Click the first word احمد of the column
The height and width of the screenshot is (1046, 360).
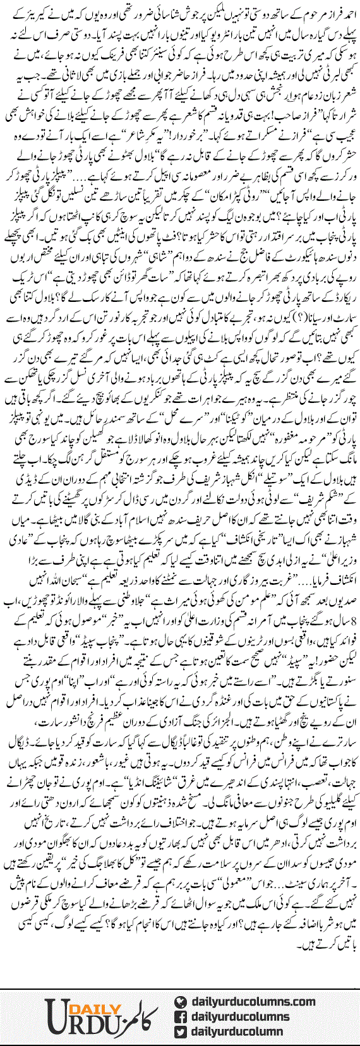[346, 11]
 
